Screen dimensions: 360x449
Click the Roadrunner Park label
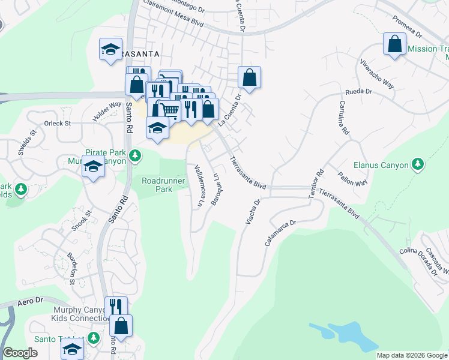click(157, 184)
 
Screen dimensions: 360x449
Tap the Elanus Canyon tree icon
click(418, 164)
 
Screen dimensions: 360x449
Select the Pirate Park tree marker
click(136, 155)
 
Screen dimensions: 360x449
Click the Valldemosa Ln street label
click(196, 186)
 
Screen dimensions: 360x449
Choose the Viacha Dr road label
click(253, 212)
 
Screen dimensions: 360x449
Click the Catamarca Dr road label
click(281, 233)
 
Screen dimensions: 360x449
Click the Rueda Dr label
click(359, 92)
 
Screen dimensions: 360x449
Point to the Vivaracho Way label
click(376, 74)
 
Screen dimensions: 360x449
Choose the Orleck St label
click(58, 124)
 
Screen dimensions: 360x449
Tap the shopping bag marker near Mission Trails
click(394, 45)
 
